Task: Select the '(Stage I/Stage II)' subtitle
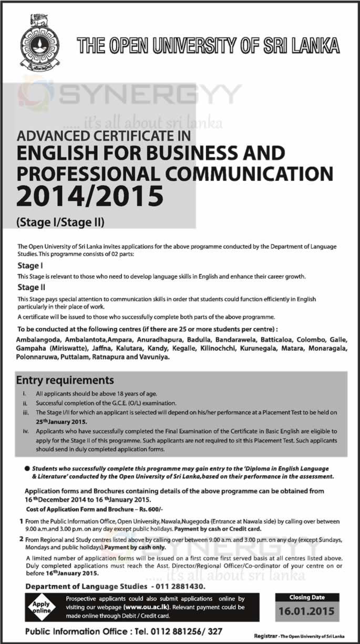[61, 222]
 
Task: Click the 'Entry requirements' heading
[65, 380]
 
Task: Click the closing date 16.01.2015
[307, 611]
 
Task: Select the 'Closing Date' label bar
[307, 597]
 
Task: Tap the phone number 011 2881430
[181, 586]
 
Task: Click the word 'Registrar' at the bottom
[266, 636]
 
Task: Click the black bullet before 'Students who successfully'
[26, 468]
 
